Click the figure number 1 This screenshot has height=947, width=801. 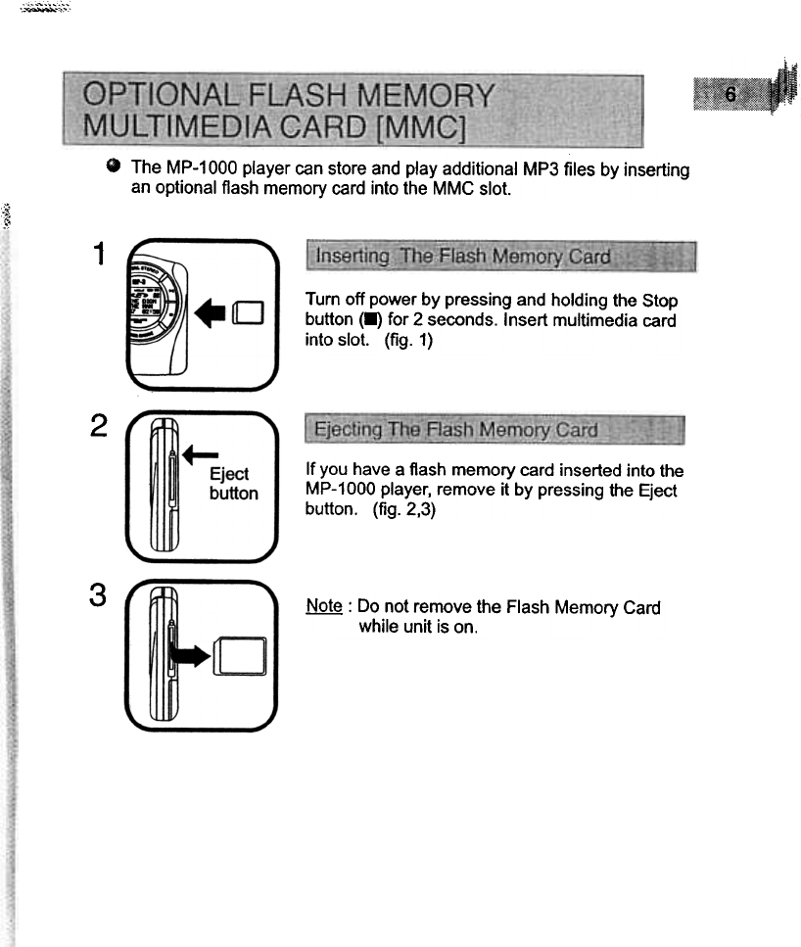click(x=96, y=255)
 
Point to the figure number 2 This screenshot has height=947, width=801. click(x=96, y=428)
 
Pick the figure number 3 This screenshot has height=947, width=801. click(x=96, y=596)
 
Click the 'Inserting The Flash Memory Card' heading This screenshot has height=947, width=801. click(x=458, y=258)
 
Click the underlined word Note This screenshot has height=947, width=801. click(x=323, y=607)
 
